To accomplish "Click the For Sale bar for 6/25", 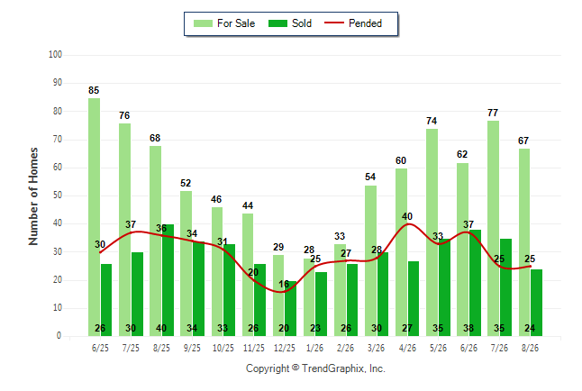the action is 94,217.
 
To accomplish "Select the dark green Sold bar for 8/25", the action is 168,280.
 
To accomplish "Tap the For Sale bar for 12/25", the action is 278,296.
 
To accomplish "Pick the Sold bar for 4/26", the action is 414,299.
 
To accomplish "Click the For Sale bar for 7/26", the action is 494,228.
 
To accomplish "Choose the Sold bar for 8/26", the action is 536,303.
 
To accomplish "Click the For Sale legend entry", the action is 224,23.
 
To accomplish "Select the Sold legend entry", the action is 290,23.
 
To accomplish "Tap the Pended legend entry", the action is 353,23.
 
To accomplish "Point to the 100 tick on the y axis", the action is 55,55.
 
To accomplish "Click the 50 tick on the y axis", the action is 58,195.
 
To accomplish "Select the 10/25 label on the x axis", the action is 223,348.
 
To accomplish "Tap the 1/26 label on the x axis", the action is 314,348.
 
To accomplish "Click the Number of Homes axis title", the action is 33,196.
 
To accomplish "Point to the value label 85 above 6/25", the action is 94,90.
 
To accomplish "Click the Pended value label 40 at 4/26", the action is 407,216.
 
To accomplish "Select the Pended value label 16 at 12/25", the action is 284,285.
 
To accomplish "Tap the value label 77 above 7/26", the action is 493,113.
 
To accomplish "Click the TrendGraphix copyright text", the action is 315,368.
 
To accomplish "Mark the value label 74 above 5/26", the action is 432,121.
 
